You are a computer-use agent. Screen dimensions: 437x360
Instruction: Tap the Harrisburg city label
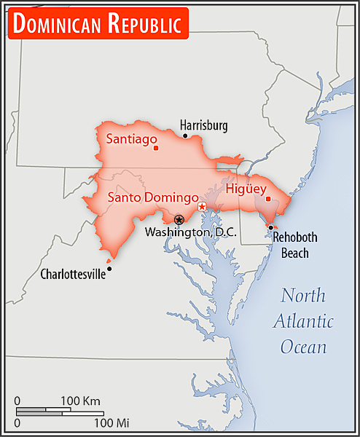[203, 125]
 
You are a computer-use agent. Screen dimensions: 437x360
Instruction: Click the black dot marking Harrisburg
[185, 136]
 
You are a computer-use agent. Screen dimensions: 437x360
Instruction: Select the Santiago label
[132, 138]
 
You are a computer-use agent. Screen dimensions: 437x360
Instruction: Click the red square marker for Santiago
[156, 148]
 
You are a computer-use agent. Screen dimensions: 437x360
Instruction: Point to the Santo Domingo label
[153, 197]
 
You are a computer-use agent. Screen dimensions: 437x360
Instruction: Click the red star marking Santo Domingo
[203, 208]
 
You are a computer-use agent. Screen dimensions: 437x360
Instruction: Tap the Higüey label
[240, 189]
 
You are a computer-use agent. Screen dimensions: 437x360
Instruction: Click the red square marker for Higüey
[268, 199]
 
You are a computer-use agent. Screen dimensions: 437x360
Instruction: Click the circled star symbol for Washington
[179, 219]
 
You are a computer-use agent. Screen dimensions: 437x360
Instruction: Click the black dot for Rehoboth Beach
[270, 227]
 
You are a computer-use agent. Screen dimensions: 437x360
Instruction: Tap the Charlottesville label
[72, 275]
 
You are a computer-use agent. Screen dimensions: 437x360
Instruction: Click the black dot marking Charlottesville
[109, 269]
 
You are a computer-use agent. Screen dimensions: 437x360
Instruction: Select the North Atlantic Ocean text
[307, 320]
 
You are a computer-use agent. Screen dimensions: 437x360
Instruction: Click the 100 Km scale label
[80, 401]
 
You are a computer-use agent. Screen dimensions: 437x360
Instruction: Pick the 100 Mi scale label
[111, 422]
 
